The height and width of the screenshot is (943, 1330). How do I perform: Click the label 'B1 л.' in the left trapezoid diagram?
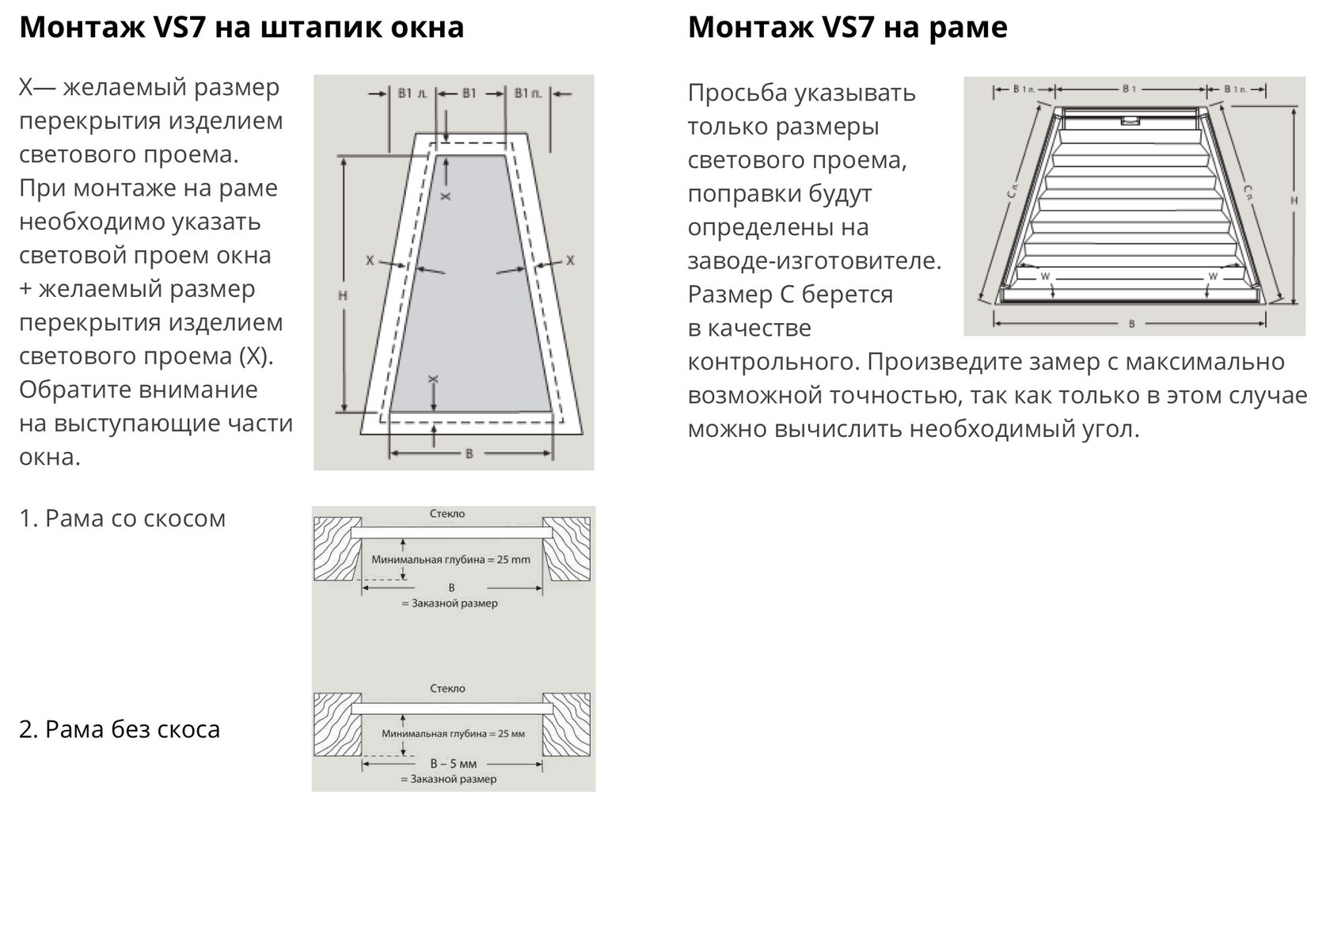coord(412,93)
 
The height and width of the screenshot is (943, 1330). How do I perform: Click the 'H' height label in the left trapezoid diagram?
coord(343,295)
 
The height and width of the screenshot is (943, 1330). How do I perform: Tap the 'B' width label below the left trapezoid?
coord(469,454)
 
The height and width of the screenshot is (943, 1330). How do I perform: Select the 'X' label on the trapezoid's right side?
coord(570,260)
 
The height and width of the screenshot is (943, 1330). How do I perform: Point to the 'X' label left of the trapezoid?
coord(370,260)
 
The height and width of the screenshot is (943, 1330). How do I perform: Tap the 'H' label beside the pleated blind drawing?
coord(1294,200)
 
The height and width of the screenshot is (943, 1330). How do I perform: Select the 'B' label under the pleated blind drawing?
coord(1131,323)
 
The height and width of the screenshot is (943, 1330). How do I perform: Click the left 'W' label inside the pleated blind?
coord(1045,276)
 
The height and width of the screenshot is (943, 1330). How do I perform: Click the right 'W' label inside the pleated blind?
coord(1213,276)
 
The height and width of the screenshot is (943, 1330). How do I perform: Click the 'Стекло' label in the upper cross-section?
coord(447,514)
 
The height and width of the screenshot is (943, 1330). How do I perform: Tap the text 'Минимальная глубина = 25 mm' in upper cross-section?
coord(451,560)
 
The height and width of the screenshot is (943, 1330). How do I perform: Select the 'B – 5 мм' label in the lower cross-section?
coord(454,764)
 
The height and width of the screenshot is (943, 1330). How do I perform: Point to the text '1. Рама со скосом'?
coord(123,519)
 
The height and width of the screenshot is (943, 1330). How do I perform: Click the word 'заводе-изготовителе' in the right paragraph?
coord(813,260)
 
